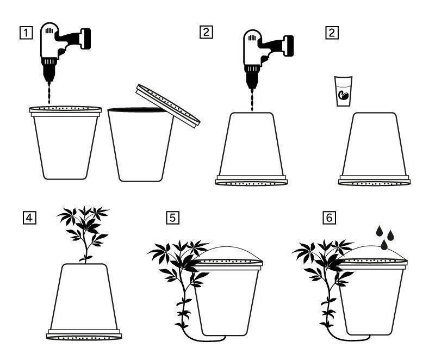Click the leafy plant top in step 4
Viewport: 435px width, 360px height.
point(85,223)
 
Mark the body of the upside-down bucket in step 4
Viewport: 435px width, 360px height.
point(84,296)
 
